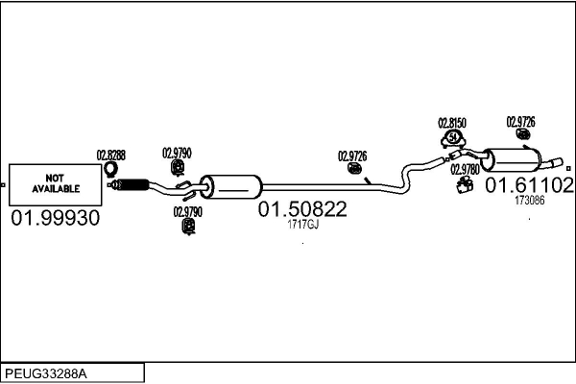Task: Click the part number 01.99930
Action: pyautogui.click(x=55, y=219)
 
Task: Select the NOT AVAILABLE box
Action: pyautogui.click(x=55, y=182)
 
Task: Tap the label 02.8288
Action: pyautogui.click(x=110, y=155)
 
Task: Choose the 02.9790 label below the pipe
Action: pyautogui.click(x=187, y=211)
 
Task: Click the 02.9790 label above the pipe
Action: pyautogui.click(x=177, y=152)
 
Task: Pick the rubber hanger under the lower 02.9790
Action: pyautogui.click(x=188, y=227)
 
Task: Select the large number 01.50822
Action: pyautogui.click(x=301, y=208)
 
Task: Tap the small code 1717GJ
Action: pyautogui.click(x=302, y=225)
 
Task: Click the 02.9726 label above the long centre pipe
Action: pyautogui.click(x=352, y=156)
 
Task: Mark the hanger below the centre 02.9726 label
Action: pyautogui.click(x=354, y=170)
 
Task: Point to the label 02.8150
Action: pyautogui.click(x=452, y=124)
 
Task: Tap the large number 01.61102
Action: pyautogui.click(x=529, y=184)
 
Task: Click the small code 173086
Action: pyautogui.click(x=529, y=201)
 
